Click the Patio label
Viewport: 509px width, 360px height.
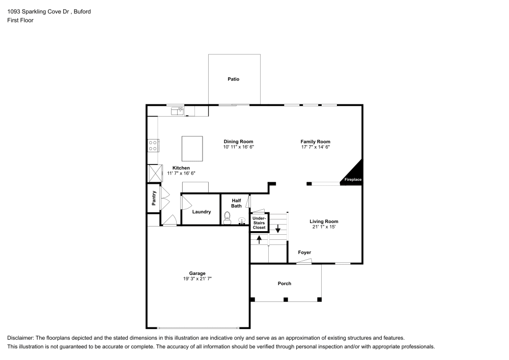click(x=233, y=79)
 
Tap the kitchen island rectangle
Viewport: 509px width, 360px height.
click(x=192, y=148)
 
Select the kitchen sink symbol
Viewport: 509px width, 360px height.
click(x=177, y=110)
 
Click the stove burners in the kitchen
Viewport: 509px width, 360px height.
click(x=153, y=146)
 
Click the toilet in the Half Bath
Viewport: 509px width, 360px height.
click(x=227, y=218)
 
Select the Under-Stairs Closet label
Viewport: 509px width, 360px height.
click(x=259, y=223)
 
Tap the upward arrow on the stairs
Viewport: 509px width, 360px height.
click(x=259, y=239)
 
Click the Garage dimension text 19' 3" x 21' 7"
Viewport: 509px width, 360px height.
click(x=197, y=279)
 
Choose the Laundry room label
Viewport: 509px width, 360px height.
click(x=202, y=212)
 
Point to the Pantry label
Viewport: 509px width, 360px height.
click(x=154, y=198)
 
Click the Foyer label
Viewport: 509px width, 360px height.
click(x=304, y=253)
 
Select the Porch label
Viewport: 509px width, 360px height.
click(x=285, y=284)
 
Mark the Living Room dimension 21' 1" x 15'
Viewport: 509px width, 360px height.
click(x=324, y=227)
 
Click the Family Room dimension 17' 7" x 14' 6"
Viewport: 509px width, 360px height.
click(x=316, y=147)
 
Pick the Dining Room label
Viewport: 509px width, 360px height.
click(x=238, y=142)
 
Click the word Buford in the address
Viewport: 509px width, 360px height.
click(x=81, y=11)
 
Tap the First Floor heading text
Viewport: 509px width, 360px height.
click(x=20, y=20)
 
